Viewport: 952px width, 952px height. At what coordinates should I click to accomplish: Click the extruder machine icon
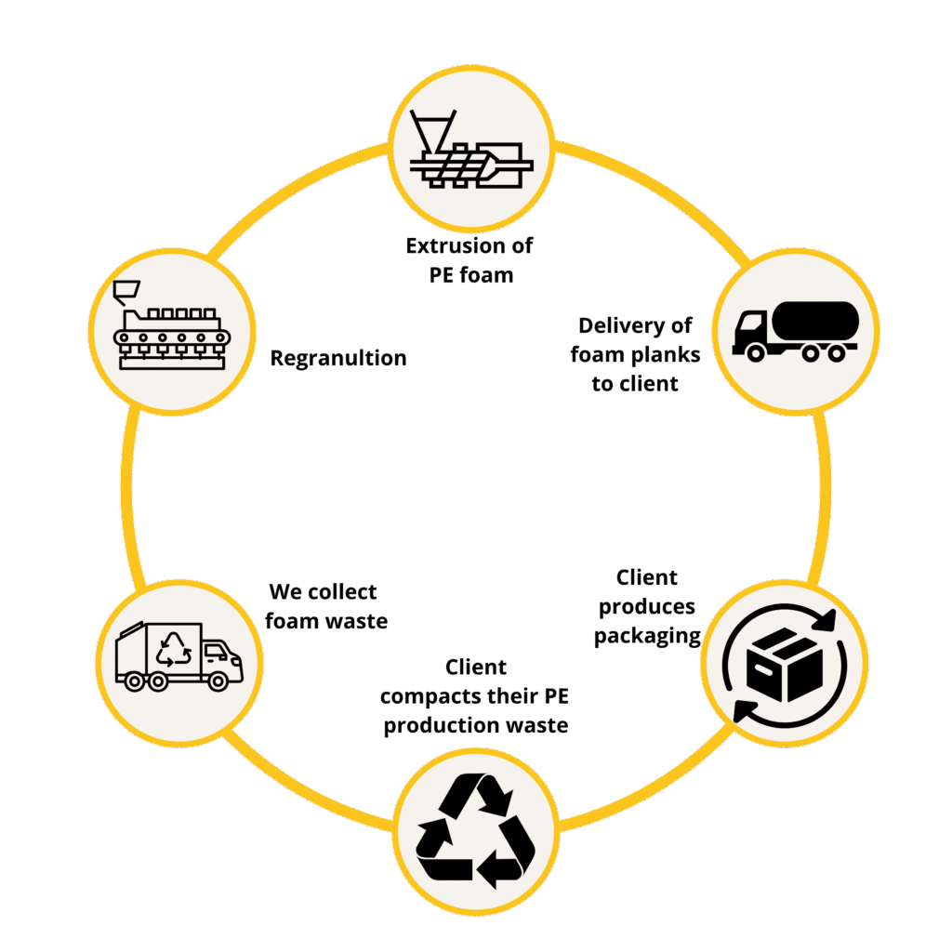point(471,150)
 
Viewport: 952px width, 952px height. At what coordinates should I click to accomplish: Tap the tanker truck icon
point(796,332)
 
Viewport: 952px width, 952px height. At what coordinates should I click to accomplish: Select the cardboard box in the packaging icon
point(785,664)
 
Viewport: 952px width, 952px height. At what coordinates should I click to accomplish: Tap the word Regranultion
point(338,358)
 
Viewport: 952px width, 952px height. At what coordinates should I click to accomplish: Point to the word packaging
point(647,636)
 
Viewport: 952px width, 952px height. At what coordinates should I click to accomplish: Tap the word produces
point(647,607)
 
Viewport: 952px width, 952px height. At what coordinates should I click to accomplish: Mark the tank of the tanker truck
point(815,321)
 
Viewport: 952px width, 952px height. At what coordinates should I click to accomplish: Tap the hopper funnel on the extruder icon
point(431,132)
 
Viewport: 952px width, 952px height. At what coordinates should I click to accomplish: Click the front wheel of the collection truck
point(218,681)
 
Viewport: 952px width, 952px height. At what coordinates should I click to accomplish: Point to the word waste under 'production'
point(537,725)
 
